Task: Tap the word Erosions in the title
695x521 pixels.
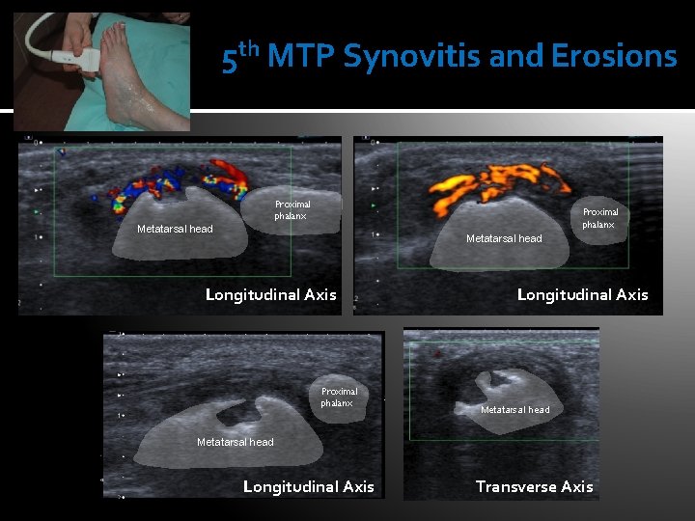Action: click(x=614, y=57)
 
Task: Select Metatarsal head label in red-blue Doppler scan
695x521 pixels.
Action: click(x=175, y=229)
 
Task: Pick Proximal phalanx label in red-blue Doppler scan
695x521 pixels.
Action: click(x=292, y=210)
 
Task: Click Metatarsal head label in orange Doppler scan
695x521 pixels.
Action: click(x=504, y=238)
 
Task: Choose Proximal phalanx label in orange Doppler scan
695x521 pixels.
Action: click(x=600, y=218)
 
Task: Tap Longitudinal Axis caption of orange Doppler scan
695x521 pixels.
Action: click(x=582, y=294)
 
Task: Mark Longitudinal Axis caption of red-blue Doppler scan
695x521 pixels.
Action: click(x=270, y=294)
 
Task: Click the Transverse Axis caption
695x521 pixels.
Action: click(x=534, y=486)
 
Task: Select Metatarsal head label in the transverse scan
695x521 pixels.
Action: click(x=514, y=410)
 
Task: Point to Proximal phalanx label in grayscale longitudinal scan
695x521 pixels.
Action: click(x=339, y=397)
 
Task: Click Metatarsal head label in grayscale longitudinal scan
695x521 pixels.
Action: click(x=235, y=442)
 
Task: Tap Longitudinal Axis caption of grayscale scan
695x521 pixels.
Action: click(x=308, y=486)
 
